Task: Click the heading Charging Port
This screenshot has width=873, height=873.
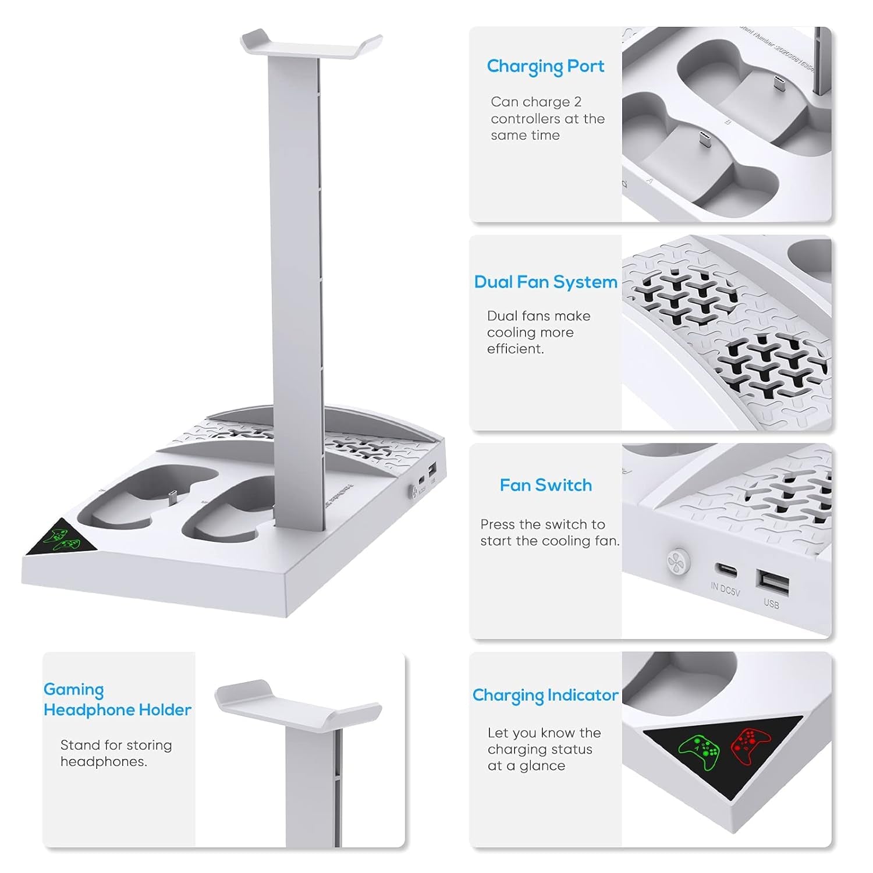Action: tap(545, 66)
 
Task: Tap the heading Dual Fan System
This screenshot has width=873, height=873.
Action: tap(545, 282)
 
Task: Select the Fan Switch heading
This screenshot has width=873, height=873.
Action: tap(545, 485)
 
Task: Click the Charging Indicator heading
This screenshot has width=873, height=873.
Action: tap(545, 695)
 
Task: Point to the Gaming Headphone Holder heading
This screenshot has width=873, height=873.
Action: tap(117, 700)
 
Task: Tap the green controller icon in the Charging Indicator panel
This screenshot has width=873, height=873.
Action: tap(699, 753)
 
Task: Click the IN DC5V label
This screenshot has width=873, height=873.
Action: tap(725, 589)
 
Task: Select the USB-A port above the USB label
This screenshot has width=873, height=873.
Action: tap(772, 583)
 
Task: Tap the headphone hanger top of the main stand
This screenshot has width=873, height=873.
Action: tap(311, 47)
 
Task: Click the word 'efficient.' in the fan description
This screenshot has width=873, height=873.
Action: tap(515, 349)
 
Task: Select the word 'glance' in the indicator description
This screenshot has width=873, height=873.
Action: tap(542, 766)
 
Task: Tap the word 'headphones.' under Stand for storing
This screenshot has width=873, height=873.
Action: tap(103, 762)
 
